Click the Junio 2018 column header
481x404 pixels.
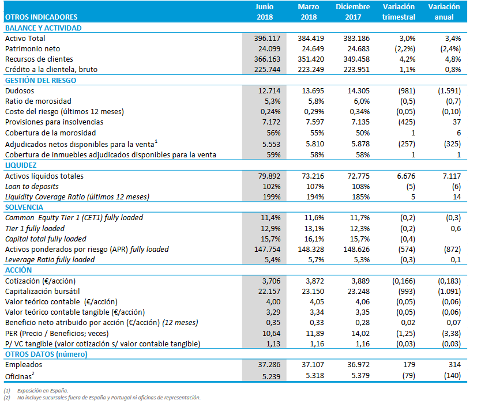pos(264,12)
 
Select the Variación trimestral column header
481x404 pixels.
pos(399,12)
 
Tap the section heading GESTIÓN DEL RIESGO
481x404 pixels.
pos(40,80)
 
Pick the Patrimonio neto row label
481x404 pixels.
pos(32,48)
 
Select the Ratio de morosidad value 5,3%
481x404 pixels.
pos(270,101)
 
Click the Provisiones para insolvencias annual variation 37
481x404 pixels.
pos(456,122)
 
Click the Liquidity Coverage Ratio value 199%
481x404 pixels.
pos(269,197)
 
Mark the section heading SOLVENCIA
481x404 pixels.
pos(24,207)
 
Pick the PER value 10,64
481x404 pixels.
pos(268,333)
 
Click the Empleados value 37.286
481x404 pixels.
pos(266,365)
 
